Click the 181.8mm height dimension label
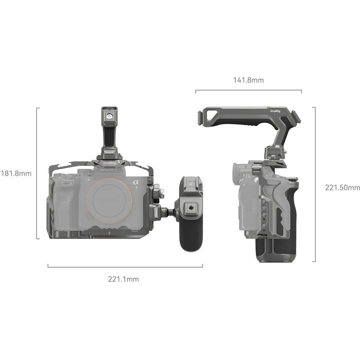pos(16,174)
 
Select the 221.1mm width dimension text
pos(123,279)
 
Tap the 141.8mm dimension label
pos(248,80)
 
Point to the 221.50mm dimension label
pos(342,187)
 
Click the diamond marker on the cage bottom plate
pos(109,233)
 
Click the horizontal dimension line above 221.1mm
pos(125,267)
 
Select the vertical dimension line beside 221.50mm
pos(315,184)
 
